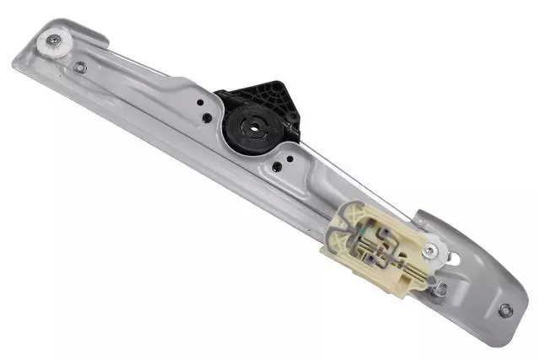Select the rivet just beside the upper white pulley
(x=79, y=67)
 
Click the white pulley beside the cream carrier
(x=435, y=250)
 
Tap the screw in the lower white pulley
(x=435, y=250)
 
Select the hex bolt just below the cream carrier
(x=439, y=288)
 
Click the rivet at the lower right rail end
(x=504, y=310)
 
